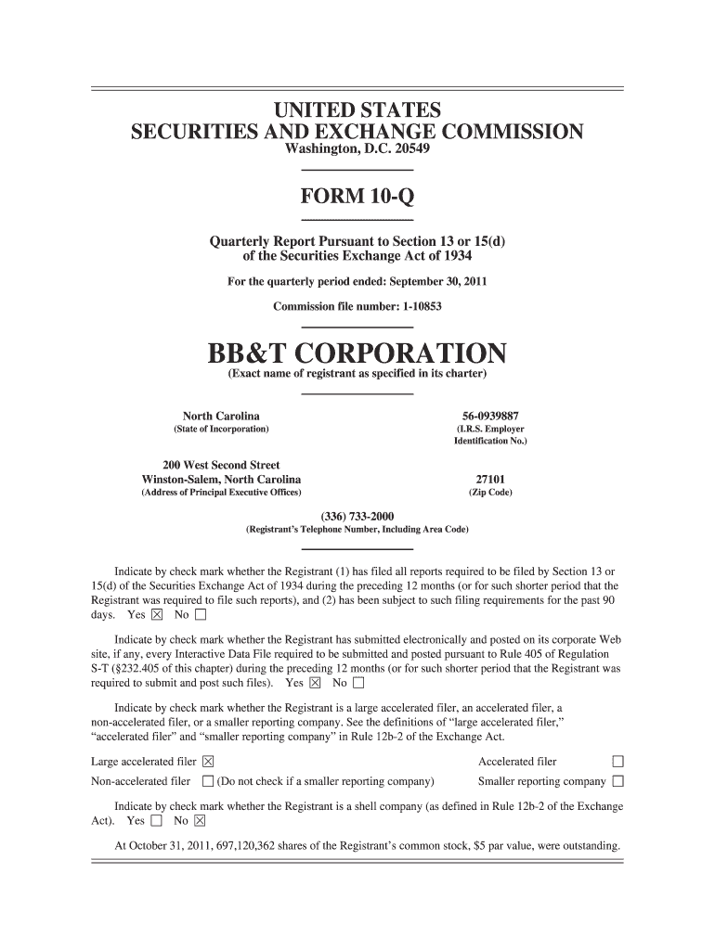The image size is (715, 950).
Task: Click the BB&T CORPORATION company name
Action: click(357, 353)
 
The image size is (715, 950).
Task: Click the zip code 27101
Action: click(489, 479)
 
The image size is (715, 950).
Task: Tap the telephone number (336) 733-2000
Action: click(357, 516)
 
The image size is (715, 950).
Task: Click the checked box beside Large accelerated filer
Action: click(208, 763)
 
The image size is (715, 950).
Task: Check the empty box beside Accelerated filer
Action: click(617, 763)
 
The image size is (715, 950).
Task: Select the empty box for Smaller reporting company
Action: click(617, 781)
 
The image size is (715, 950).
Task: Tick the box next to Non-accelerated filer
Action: click(208, 781)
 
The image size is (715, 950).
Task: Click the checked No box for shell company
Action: click(200, 821)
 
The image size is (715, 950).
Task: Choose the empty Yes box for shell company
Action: click(155, 821)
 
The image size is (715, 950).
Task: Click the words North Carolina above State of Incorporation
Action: click(221, 416)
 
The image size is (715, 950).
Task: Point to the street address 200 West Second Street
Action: click(221, 465)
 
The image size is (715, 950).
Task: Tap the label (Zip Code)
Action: click(489, 493)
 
